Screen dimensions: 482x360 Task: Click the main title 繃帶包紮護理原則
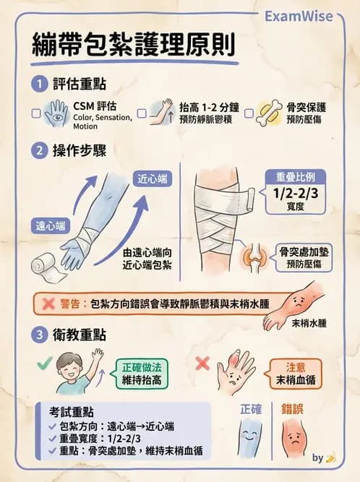(x=133, y=46)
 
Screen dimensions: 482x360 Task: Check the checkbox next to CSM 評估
(x=37, y=113)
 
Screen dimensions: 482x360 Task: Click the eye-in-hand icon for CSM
(x=57, y=113)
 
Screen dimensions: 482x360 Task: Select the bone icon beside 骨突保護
(x=269, y=113)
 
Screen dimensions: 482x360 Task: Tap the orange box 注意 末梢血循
(x=296, y=374)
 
